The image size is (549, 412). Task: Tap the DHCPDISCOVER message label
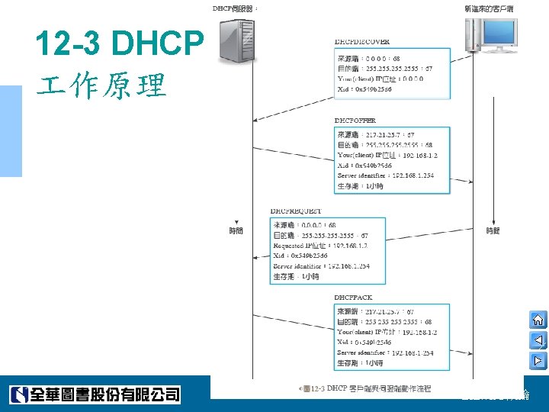pos(362,41)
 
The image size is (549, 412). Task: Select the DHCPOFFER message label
pos(355,121)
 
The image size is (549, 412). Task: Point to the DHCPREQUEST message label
pos(296,211)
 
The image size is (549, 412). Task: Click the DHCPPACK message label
pos(354,297)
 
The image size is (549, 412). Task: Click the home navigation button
pos(537,320)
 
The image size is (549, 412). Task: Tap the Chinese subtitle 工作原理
pos(101,86)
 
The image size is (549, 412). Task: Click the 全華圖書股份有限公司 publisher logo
pos(95,394)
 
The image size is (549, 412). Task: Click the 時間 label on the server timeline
pos(236,230)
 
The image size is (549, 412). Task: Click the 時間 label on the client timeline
pos(493,230)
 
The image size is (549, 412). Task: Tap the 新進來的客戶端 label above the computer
pos(488,8)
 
